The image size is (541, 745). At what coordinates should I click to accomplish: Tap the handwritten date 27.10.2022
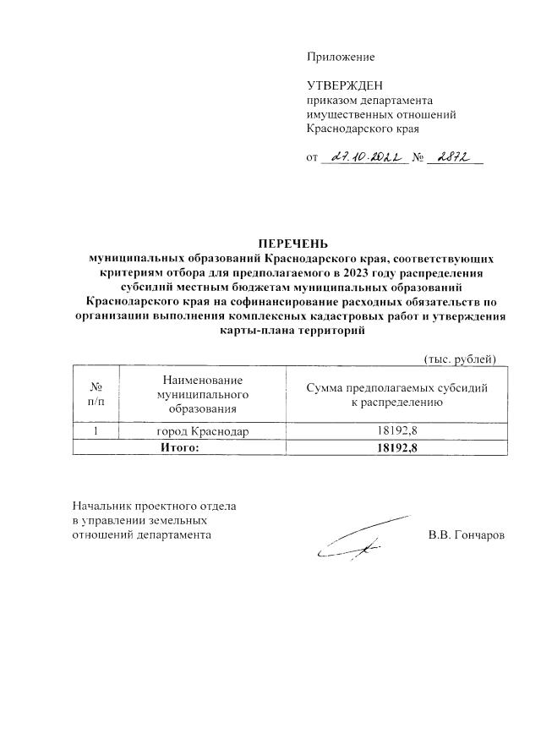click(x=360, y=157)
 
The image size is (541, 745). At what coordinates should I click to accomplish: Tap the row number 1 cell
click(x=96, y=432)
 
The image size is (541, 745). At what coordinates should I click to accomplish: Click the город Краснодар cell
click(x=203, y=432)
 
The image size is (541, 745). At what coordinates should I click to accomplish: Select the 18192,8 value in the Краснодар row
click(x=397, y=432)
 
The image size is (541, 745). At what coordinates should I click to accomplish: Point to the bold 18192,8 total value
click(x=397, y=448)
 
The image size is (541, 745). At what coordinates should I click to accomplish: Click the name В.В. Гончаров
click(x=467, y=535)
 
